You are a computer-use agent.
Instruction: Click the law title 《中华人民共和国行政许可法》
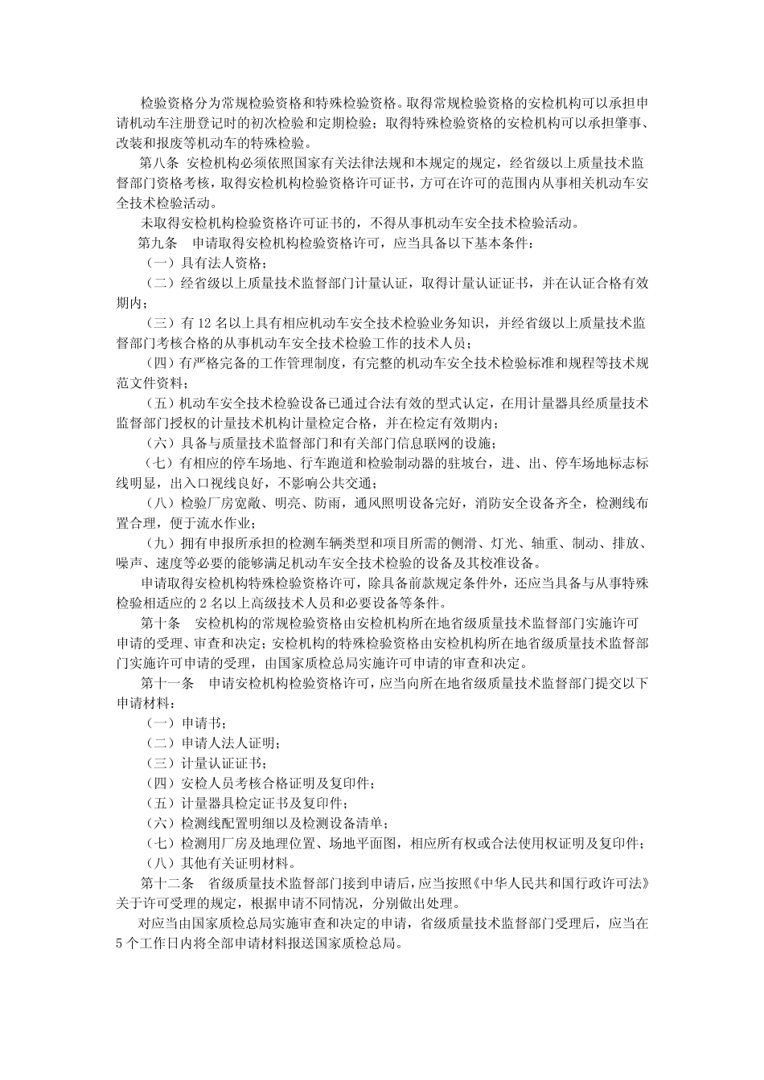pyautogui.click(x=560, y=882)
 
